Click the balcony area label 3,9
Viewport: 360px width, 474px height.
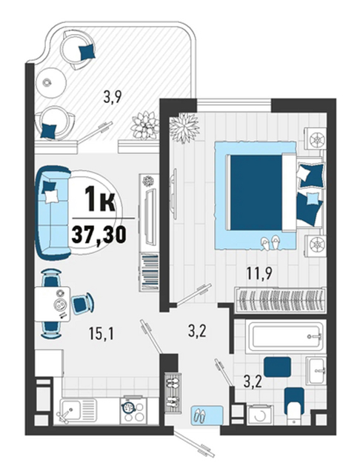tap(112, 97)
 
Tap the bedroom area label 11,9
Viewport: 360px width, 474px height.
tap(259, 273)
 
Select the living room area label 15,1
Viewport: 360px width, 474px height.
tap(101, 334)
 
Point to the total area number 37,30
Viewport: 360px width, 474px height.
tap(99, 235)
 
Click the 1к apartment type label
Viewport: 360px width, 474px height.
tap(100, 198)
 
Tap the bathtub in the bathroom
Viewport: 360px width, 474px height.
tap(286, 336)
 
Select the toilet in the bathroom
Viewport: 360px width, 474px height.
tap(294, 405)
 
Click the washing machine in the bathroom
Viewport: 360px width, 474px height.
tap(260, 415)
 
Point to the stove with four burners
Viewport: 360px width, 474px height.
tap(133, 411)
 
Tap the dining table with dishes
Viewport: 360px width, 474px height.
tap(53, 304)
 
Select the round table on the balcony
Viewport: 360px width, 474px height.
tap(51, 82)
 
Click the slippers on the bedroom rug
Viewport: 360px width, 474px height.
tap(271, 242)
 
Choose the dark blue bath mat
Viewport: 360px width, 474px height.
tap(278, 367)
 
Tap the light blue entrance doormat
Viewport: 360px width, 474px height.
tap(207, 416)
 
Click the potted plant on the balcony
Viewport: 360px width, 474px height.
tap(144, 125)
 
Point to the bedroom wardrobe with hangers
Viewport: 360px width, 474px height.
tap(280, 299)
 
